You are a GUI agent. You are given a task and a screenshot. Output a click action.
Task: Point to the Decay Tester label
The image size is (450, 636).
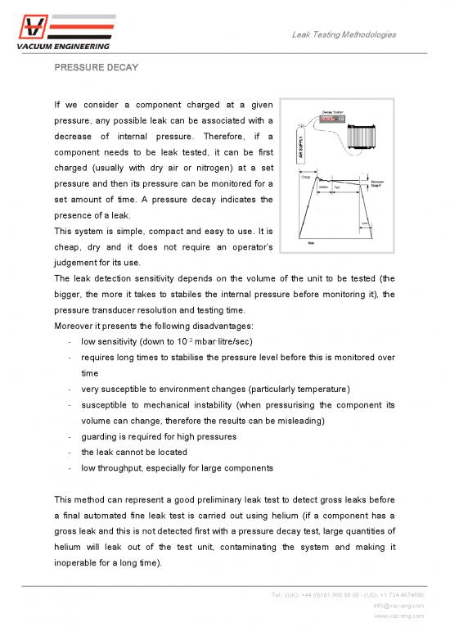[333, 113]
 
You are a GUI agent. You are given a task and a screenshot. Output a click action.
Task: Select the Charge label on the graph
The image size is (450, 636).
[284, 176]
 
